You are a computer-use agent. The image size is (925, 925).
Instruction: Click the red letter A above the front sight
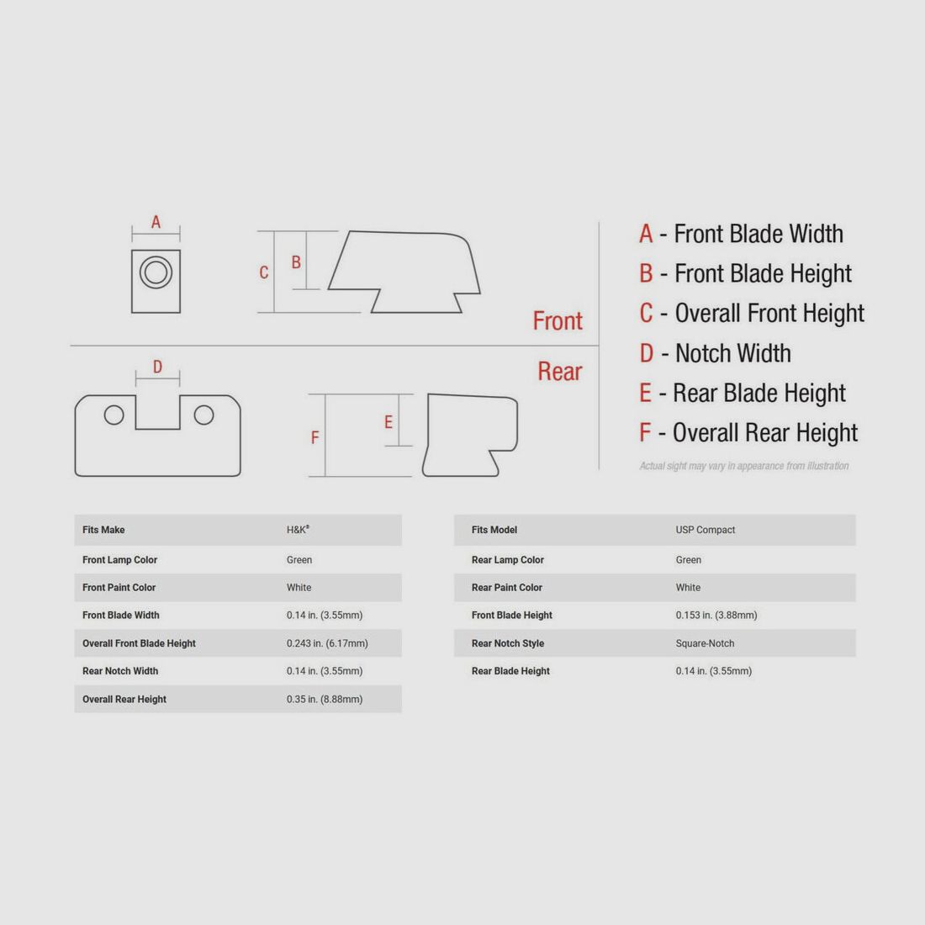coord(156,222)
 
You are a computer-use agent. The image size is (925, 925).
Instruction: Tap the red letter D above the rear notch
coord(157,367)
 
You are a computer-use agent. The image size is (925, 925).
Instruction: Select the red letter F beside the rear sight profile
coord(315,437)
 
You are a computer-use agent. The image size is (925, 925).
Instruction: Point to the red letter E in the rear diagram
coord(388,422)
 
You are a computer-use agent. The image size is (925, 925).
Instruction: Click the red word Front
coord(558,321)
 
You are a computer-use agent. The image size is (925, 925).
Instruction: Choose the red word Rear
coord(560,372)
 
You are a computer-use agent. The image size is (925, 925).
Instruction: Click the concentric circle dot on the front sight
coord(156,272)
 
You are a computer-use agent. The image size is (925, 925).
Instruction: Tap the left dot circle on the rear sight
coord(114,415)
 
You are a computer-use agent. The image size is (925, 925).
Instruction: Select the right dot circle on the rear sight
coord(204,415)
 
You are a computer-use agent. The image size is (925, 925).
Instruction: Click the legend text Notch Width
coord(732,353)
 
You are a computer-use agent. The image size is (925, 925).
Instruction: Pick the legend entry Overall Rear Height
coord(765,433)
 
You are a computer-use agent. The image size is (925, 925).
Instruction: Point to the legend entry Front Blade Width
coord(758,234)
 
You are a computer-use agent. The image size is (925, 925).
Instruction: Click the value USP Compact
coord(706,530)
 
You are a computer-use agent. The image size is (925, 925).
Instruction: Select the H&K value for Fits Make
coord(298,530)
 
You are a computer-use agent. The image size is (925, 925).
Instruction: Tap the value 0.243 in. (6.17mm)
coord(327,643)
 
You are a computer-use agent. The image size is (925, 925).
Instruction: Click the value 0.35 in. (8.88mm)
coord(325,699)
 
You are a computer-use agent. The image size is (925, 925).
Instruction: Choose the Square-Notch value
coord(705,643)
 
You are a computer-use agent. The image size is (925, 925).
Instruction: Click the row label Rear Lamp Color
coord(507,560)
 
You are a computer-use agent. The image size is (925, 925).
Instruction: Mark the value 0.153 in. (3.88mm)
coord(716,616)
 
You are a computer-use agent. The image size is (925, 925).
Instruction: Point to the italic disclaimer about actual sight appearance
coord(744,466)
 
